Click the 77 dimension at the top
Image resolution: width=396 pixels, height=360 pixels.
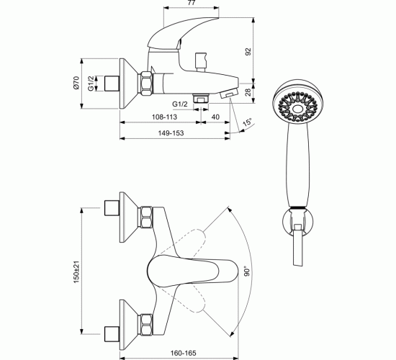[192, 3]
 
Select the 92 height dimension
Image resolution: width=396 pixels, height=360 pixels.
[248, 52]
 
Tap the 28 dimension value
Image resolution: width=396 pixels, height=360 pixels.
[248, 92]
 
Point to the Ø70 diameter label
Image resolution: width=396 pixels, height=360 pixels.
[76, 83]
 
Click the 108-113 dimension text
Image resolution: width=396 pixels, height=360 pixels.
[164, 117]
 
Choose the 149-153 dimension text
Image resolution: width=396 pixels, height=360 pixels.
[171, 133]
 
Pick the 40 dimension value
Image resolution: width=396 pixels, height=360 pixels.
[215, 117]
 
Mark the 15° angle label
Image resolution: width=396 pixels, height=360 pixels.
[247, 122]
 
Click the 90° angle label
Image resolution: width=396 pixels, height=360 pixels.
[247, 271]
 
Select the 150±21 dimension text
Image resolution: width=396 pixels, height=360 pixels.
[76, 272]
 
